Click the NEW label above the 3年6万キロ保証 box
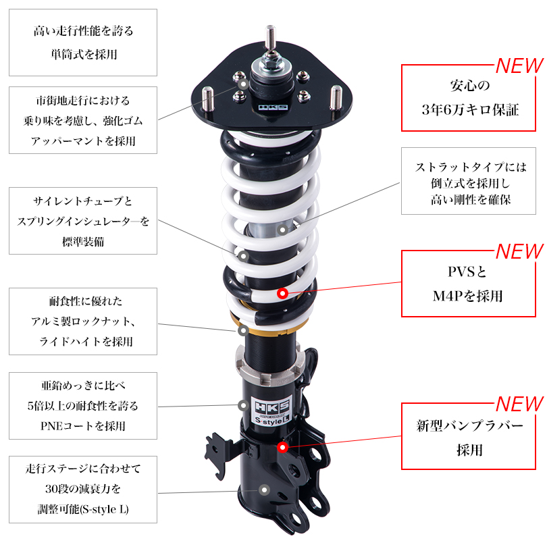pos(519,66)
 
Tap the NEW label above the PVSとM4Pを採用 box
pos(519,251)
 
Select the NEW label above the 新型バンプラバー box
pos(519,404)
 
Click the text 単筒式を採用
pos(83,54)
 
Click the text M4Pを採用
pos(468,296)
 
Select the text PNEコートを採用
pos(83,426)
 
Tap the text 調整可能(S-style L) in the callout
pos(83,509)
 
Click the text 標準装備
pos(83,241)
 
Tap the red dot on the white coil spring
pos(282,294)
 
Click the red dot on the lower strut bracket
pos(282,446)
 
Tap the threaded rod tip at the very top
pos(269,31)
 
